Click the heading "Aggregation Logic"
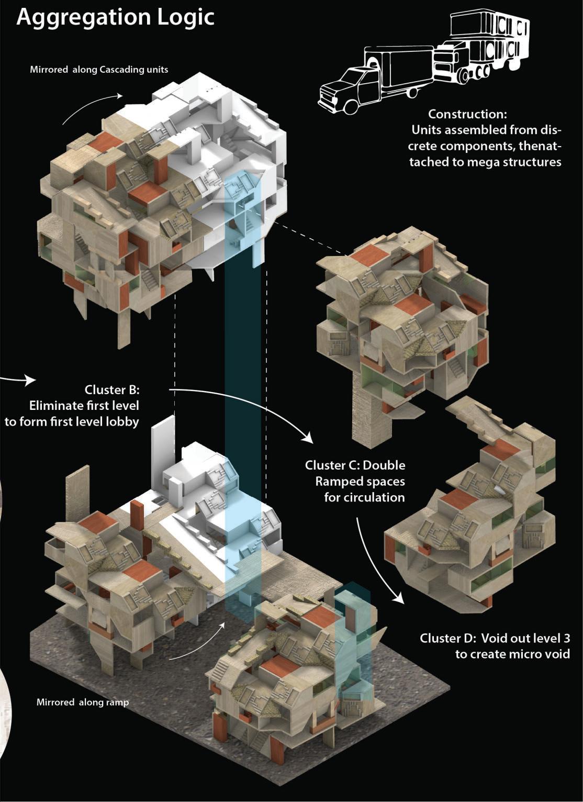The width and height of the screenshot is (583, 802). tap(116, 17)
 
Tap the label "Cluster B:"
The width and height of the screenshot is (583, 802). tap(112, 390)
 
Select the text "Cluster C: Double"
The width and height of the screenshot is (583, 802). tap(355, 465)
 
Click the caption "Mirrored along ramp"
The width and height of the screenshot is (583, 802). tap(82, 702)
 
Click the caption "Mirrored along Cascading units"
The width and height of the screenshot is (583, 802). tap(99, 69)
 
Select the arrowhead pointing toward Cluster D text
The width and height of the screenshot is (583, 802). tap(398, 597)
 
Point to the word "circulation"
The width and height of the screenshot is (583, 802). tap(364, 497)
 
